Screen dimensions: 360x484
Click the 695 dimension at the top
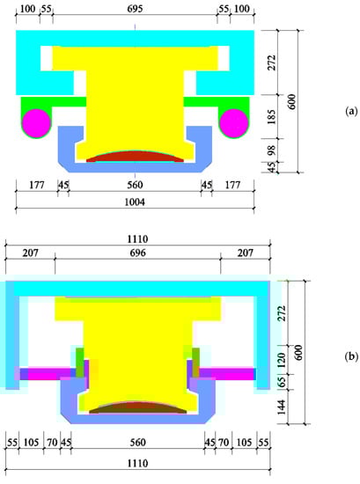click(x=135, y=9)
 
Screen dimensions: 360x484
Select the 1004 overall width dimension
click(x=135, y=202)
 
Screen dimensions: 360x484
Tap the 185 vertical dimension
click(x=271, y=116)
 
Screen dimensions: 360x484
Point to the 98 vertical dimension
click(x=271, y=150)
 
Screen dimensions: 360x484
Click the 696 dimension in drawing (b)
click(x=137, y=253)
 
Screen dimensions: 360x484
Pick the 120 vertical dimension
click(x=282, y=360)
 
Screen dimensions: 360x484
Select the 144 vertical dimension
click(x=282, y=407)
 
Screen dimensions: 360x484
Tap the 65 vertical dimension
click(x=282, y=382)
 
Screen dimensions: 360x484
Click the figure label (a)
click(x=351, y=111)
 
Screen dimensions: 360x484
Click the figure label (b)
click(x=351, y=356)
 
